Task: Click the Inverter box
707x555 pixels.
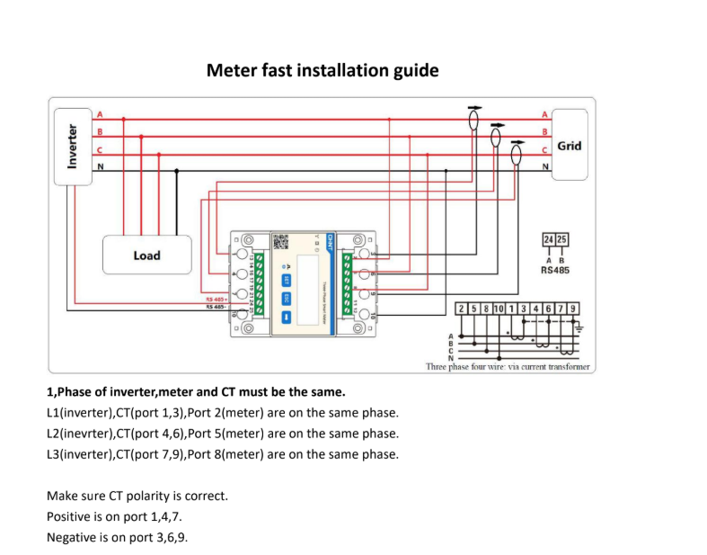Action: pos(73,146)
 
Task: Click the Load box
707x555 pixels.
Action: pos(146,255)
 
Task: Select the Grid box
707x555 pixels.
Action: pos(569,145)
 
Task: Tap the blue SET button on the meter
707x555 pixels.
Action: pos(287,280)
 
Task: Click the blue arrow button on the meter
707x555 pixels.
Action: pos(287,317)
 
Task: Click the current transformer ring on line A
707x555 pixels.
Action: pos(473,119)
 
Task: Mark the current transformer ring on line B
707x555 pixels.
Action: pos(495,136)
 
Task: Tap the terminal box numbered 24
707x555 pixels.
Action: pos(548,239)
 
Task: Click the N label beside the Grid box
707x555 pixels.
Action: pos(544,166)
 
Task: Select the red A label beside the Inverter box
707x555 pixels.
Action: pos(99,115)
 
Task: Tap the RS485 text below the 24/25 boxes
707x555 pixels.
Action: pos(554,269)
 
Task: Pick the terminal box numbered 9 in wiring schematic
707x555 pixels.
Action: pos(572,309)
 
